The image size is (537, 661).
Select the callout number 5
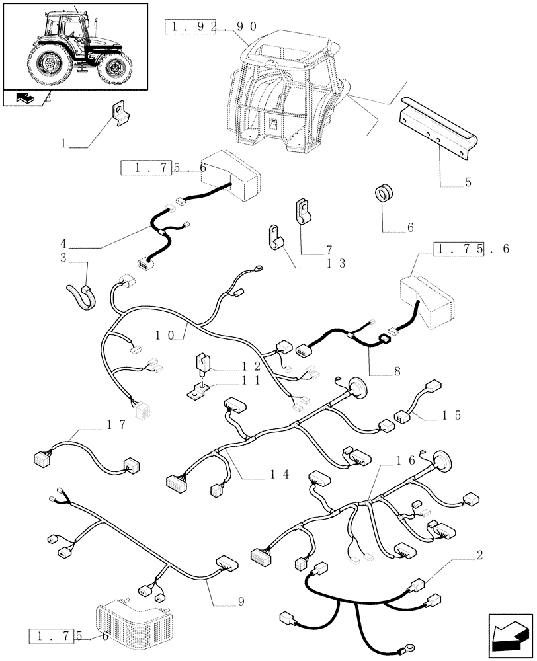(x=468, y=182)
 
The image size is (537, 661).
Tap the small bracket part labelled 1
(x=120, y=112)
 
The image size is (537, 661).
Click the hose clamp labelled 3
(x=80, y=293)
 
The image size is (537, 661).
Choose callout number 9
(x=241, y=602)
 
